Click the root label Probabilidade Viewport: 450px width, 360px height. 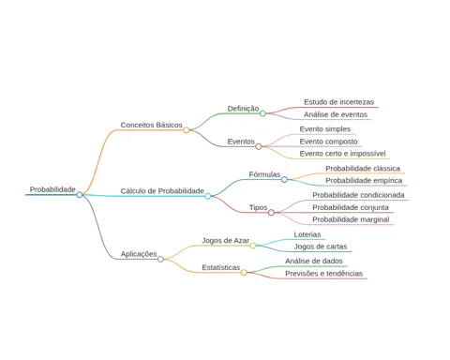pyautogui.click(x=52, y=189)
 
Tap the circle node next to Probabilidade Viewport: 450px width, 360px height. pyautogui.click(x=80, y=195)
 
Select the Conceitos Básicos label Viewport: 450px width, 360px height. pyautogui.click(x=151, y=125)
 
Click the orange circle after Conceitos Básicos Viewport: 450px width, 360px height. pyautogui.click(x=187, y=130)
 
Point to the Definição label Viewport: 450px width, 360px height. pyautogui.click(x=243, y=109)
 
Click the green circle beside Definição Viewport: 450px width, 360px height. pyautogui.click(x=262, y=113)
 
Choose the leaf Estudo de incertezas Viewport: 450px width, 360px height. pyautogui.click(x=338, y=102)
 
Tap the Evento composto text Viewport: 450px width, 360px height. pyautogui.click(x=328, y=142)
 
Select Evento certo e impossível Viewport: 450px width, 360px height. pyautogui.click(x=342, y=154)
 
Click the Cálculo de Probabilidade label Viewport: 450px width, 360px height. pyautogui.click(x=162, y=191)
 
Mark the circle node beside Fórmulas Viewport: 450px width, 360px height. pyautogui.click(x=284, y=179)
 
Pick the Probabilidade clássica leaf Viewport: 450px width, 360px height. pyautogui.click(x=363, y=169)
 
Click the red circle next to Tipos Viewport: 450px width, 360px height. pyautogui.click(x=271, y=213)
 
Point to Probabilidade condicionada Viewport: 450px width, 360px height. pyautogui.click(x=358, y=195)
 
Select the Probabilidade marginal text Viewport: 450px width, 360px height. pyautogui.click(x=351, y=219)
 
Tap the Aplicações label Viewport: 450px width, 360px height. pyautogui.click(x=139, y=254)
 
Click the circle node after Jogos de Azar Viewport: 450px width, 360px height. pyautogui.click(x=253, y=246)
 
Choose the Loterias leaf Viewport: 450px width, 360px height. pyautogui.click(x=307, y=234)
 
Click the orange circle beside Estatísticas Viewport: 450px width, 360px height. pyautogui.click(x=244, y=273)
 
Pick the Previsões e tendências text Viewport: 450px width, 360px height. pyautogui.click(x=323, y=274)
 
